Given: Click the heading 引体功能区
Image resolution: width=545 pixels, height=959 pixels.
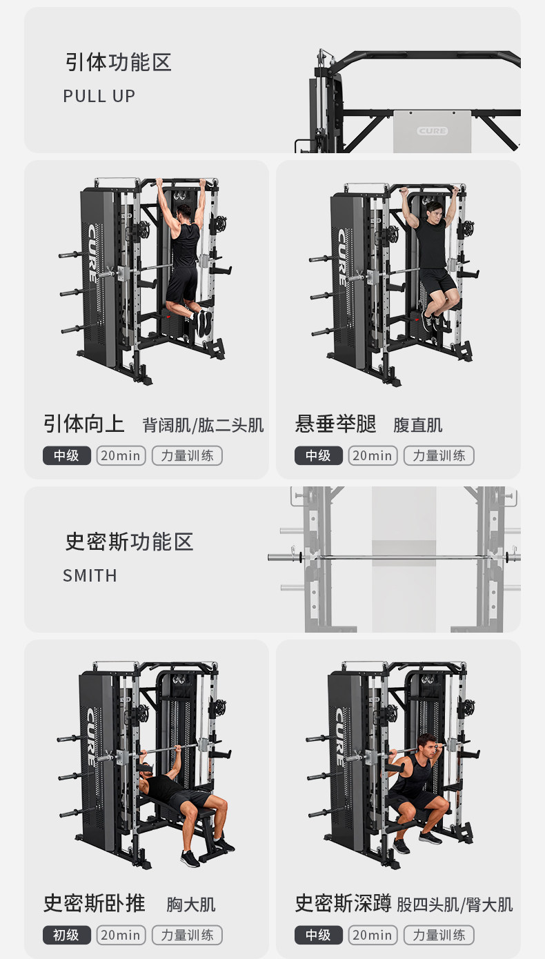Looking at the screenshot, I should pyautogui.click(x=118, y=63).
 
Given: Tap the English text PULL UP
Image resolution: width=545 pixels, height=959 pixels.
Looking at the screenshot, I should pyautogui.click(x=99, y=96).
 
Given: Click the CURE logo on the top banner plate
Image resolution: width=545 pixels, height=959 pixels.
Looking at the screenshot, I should pyautogui.click(x=432, y=131).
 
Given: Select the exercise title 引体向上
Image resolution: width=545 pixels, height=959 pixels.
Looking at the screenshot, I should pyautogui.click(x=83, y=424).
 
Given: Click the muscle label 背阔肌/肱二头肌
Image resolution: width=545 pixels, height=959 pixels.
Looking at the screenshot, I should pyautogui.click(x=203, y=425).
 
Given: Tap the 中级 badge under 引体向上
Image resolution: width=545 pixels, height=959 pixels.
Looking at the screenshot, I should pyautogui.click(x=67, y=455).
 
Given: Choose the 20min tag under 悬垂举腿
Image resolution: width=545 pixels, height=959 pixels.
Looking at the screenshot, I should pyautogui.click(x=373, y=455).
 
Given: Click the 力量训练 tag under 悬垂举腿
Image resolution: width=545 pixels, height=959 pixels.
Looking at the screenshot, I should pyautogui.click(x=439, y=455).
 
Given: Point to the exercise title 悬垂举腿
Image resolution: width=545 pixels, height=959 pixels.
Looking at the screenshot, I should pyautogui.click(x=335, y=424).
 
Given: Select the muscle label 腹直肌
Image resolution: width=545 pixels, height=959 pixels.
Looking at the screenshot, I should pyautogui.click(x=417, y=425).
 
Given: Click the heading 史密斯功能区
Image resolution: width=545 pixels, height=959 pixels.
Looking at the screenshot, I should pyautogui.click(x=129, y=542).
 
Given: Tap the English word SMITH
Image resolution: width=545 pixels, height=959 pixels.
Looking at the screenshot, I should pyautogui.click(x=90, y=575).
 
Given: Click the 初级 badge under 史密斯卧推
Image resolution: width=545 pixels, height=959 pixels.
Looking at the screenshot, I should pyautogui.click(x=67, y=935).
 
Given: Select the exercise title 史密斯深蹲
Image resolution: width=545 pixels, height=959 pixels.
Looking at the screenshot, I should pyautogui.click(x=343, y=903).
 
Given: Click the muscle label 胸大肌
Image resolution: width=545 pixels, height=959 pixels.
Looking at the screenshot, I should pyautogui.click(x=190, y=904).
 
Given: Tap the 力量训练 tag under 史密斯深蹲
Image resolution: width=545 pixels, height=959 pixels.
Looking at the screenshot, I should pyautogui.click(x=439, y=935).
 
